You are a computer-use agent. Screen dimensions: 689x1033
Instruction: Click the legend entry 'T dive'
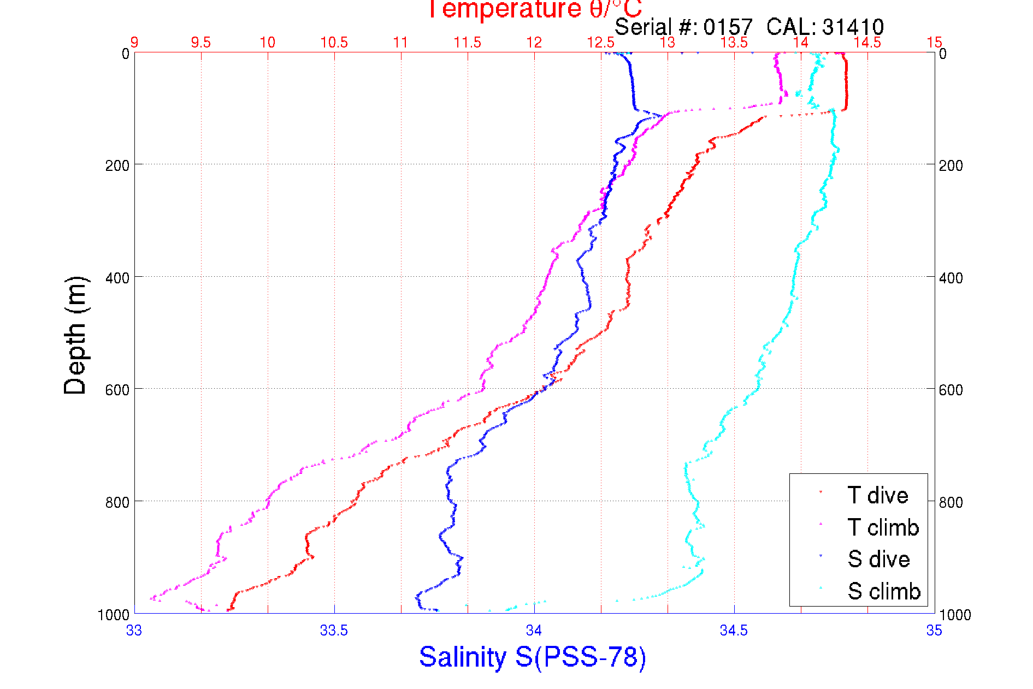pyautogui.click(x=877, y=495)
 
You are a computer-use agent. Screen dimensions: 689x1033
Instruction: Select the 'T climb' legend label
pyautogui.click(x=883, y=527)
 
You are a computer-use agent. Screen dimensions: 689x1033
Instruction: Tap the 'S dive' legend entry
pyautogui.click(x=878, y=559)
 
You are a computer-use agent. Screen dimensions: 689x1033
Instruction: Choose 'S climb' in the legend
pyautogui.click(x=884, y=591)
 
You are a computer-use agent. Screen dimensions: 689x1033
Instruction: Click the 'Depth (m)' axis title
pyautogui.click(x=75, y=335)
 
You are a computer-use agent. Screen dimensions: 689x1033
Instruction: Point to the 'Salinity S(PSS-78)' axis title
pyautogui.click(x=533, y=656)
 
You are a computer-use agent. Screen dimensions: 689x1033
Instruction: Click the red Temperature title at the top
pyautogui.click(x=534, y=9)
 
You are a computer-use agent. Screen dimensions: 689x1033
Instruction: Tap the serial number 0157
pyautogui.click(x=728, y=27)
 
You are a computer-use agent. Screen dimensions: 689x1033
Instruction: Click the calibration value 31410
pyautogui.click(x=853, y=27)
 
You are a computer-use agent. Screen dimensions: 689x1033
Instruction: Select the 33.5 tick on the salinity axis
pyautogui.click(x=334, y=630)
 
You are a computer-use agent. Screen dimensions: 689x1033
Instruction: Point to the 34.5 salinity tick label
pyautogui.click(x=734, y=630)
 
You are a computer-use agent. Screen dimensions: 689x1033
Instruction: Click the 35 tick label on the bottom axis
pyautogui.click(x=934, y=630)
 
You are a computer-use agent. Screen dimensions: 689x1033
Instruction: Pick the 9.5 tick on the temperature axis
pyautogui.click(x=201, y=43)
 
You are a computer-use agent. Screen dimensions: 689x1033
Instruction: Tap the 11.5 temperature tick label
pyautogui.click(x=468, y=43)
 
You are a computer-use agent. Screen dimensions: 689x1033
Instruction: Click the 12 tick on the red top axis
pyautogui.click(x=534, y=43)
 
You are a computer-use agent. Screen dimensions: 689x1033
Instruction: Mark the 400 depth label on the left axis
pyautogui.click(x=117, y=278)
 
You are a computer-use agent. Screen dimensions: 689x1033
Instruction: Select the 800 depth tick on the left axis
pyautogui.click(x=117, y=502)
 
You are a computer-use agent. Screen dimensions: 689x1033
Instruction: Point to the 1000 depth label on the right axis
pyautogui.click(x=954, y=615)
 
